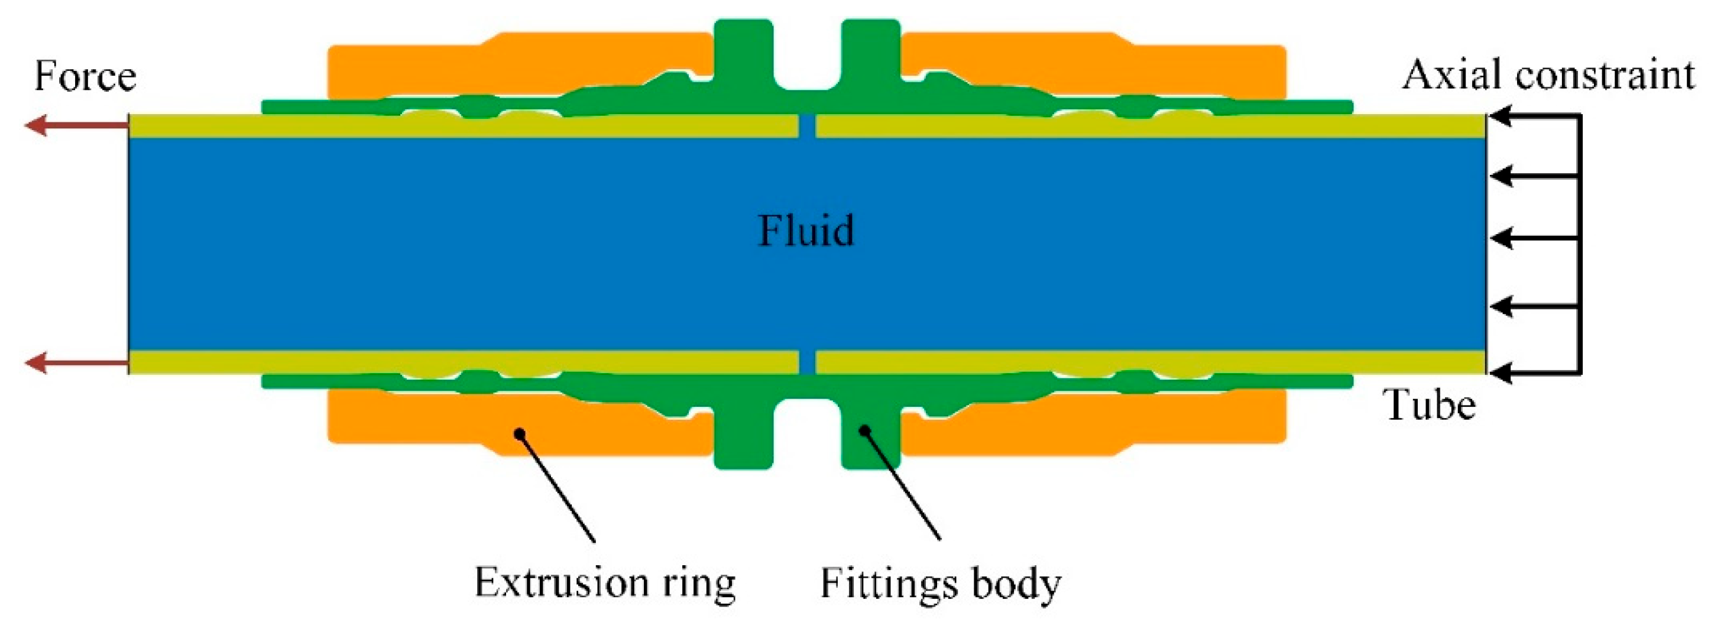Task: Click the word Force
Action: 85,76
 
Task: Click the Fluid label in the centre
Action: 806,231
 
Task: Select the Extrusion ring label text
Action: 604,584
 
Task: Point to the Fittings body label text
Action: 940,584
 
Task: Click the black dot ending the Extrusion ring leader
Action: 520,433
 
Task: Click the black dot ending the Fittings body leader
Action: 865,430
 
